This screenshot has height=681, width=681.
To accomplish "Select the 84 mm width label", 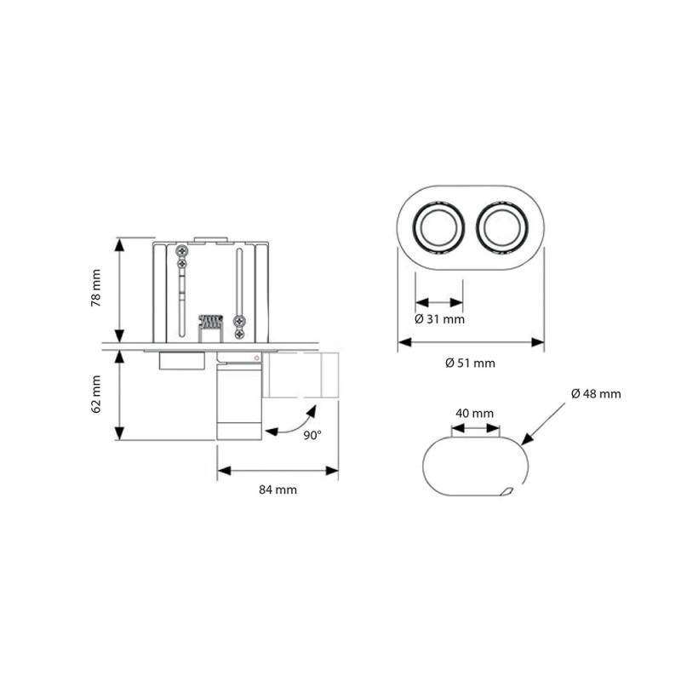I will coord(279,489).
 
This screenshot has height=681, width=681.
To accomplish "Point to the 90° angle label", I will coord(312,435).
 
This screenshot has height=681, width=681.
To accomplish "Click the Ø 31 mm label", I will coord(439,319).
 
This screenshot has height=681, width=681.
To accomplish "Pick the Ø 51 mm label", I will coord(470,363).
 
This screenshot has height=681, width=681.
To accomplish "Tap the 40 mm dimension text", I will coord(474,413).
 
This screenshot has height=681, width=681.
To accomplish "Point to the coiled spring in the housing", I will coord(209,323).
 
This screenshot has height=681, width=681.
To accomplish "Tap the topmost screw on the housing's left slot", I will coord(182,251).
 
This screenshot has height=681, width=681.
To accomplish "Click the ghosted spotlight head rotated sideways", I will coord(302,375).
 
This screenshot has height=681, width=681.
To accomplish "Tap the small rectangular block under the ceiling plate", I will coord(182,362).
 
